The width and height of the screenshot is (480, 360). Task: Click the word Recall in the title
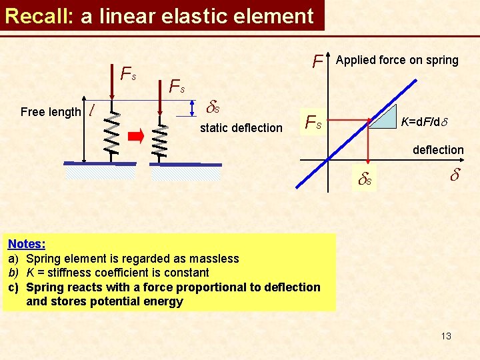coord(37,15)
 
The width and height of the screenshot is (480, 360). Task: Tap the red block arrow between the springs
coord(136,138)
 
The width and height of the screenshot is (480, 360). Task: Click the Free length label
coord(51,112)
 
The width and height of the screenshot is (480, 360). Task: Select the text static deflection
coord(241,127)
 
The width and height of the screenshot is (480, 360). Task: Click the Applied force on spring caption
coord(397,60)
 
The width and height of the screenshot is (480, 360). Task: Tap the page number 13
coord(446,335)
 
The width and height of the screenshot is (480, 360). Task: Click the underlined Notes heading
coord(27,244)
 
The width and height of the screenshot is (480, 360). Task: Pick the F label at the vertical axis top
coord(318,62)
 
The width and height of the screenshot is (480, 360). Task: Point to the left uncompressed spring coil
coord(111,133)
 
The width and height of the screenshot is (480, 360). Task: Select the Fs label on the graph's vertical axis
coord(313,122)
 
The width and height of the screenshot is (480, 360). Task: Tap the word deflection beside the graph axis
coord(438,150)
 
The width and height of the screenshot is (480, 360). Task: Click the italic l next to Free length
coord(91,109)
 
